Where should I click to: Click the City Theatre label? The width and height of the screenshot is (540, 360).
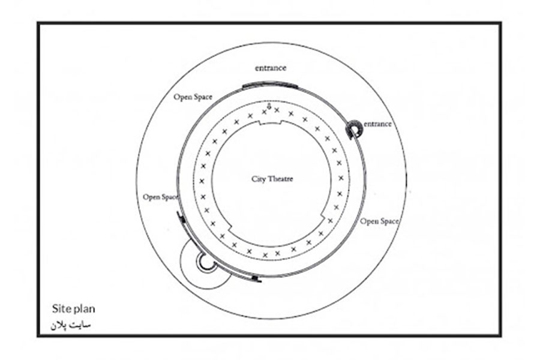click(x=272, y=179)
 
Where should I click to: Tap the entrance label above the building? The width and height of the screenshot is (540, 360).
click(x=271, y=68)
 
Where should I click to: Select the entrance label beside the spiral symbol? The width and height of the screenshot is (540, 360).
click(x=378, y=124)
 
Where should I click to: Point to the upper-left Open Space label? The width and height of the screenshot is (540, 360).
click(x=193, y=97)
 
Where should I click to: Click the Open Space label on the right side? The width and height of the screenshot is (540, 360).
click(x=379, y=221)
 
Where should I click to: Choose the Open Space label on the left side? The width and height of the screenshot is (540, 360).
click(x=161, y=197)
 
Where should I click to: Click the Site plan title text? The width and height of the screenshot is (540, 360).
click(x=73, y=308)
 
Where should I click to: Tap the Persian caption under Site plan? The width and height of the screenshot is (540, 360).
click(x=71, y=325)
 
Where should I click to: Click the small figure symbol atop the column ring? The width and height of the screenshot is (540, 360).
click(x=269, y=107)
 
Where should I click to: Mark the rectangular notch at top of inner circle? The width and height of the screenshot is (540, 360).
click(x=271, y=122)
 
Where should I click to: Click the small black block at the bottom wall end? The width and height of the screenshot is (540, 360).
click(x=255, y=278)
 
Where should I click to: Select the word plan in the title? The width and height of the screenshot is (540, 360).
click(x=84, y=310)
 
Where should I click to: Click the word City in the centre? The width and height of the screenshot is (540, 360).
click(x=258, y=179)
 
